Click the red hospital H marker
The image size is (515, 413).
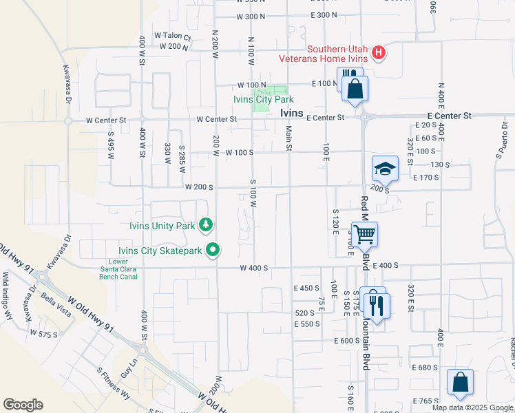[x=377, y=52]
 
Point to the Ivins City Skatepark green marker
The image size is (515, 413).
[x=213, y=251]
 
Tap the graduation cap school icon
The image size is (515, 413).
[x=385, y=168]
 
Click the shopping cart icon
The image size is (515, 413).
[x=364, y=234]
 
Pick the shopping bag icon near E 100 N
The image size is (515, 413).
[x=355, y=88]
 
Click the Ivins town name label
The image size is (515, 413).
[x=292, y=114]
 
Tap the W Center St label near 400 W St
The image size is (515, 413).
[x=106, y=120]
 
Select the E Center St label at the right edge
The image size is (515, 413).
[x=449, y=116]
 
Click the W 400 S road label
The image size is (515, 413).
[x=253, y=268]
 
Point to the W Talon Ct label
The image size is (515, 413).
[x=172, y=36]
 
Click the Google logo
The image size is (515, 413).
[x=23, y=405]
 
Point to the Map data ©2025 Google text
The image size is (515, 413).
[x=472, y=407]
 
